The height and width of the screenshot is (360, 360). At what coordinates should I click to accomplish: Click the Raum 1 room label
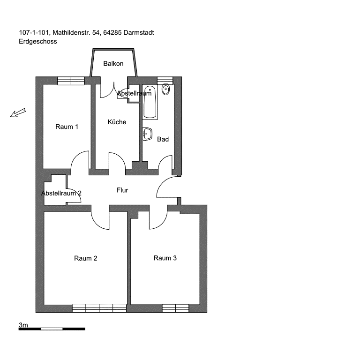[67, 127]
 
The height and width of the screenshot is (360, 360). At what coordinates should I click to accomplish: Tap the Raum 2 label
[86, 258]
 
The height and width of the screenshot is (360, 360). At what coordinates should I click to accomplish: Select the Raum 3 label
[165, 258]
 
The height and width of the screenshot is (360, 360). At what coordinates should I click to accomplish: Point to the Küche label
[117, 122]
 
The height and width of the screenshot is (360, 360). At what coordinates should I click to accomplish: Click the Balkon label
[113, 63]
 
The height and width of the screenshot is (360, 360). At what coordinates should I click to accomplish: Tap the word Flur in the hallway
[122, 190]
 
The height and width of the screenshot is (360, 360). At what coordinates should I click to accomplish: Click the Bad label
[163, 139]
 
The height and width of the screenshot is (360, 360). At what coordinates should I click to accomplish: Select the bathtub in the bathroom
[150, 102]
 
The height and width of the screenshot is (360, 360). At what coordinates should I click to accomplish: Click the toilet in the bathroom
[165, 89]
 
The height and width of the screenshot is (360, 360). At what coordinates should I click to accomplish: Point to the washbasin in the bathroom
[147, 134]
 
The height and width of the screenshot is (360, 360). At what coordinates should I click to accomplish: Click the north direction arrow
[18, 112]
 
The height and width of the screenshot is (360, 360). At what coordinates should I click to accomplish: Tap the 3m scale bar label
[23, 325]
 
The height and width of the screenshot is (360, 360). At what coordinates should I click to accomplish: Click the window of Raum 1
[71, 81]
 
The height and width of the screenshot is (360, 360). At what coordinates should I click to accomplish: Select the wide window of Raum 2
[99, 308]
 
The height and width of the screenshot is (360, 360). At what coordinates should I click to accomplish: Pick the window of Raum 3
[175, 308]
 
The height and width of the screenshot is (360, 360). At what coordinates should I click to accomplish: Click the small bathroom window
[165, 80]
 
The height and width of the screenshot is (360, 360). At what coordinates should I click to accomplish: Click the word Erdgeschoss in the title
[38, 41]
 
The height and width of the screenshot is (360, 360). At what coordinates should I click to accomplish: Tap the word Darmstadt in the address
[139, 33]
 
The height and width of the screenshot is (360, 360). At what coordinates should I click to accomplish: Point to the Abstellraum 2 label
[61, 193]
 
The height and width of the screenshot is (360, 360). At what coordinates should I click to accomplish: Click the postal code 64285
[112, 33]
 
